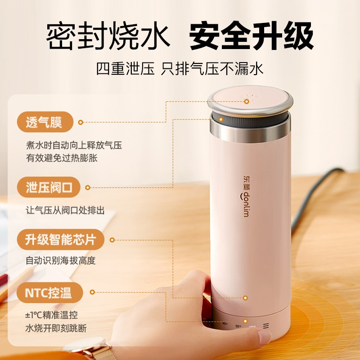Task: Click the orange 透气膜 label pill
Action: (45, 121)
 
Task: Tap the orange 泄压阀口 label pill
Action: (49, 187)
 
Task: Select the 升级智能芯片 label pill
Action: (61, 239)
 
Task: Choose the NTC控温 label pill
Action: (49, 293)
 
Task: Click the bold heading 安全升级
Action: (251, 36)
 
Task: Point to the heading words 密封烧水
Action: (108, 36)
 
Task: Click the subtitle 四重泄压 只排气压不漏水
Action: (180, 68)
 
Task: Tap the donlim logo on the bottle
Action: (246, 197)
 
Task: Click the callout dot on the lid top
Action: (247, 101)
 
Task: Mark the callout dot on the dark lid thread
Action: (221, 119)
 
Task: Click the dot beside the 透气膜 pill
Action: (81, 122)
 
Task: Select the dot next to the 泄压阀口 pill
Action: (87, 188)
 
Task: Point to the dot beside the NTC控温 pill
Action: (92, 292)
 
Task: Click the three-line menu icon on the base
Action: (266, 326)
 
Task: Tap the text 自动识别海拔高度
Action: (60, 261)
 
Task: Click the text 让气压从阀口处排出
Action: (65, 210)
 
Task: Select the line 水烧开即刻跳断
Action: (56, 328)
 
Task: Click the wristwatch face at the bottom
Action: (85, 344)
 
